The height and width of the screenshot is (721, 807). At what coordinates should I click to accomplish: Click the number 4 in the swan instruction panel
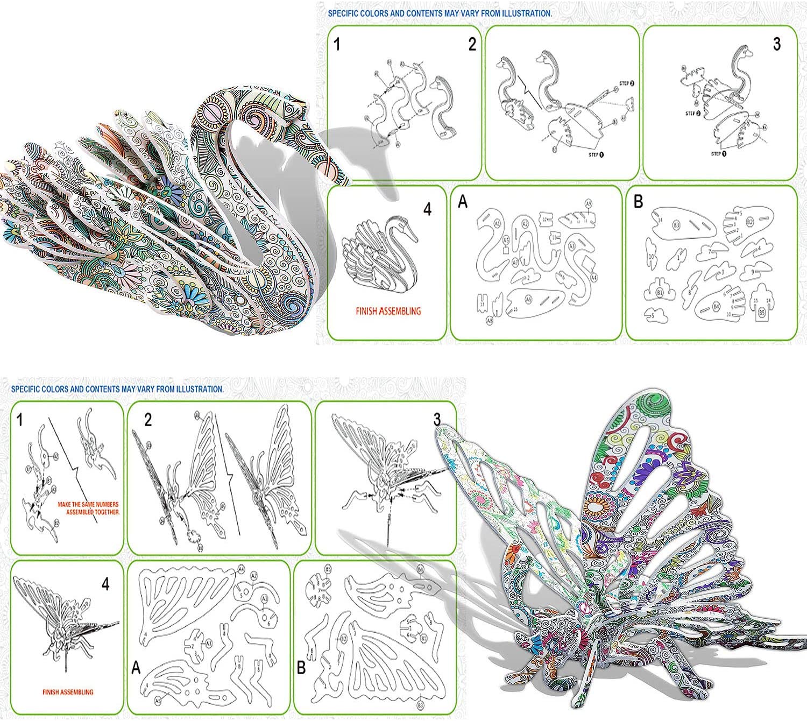point(427,209)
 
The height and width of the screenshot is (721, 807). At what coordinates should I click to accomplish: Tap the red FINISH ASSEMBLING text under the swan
point(388,311)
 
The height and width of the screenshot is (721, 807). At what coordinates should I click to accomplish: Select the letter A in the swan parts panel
point(462,202)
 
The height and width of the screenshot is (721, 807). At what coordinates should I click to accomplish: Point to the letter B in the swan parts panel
point(639,202)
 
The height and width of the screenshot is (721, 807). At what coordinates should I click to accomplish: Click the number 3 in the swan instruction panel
point(776,44)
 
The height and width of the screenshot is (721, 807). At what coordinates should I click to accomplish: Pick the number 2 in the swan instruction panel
point(472,44)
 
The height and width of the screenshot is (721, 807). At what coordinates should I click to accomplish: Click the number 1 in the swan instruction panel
point(337,44)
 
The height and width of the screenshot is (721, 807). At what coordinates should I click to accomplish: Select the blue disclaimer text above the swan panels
point(440,13)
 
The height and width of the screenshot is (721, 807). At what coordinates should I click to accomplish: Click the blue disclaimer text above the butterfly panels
point(117,388)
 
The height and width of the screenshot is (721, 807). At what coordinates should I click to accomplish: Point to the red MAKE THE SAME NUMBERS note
point(88,508)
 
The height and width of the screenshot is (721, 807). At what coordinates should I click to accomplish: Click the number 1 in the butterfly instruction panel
point(20,420)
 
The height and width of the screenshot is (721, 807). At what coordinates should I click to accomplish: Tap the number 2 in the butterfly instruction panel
point(148,420)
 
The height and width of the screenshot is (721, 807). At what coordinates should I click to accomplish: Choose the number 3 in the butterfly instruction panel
point(437,419)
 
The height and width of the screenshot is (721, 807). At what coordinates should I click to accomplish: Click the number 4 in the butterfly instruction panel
point(105,584)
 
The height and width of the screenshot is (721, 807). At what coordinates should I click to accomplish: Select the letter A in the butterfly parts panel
point(136,668)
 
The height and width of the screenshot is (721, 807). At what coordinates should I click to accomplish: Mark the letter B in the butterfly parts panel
point(301,668)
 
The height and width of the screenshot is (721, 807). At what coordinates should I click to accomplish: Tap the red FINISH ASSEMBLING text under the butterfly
point(68,691)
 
